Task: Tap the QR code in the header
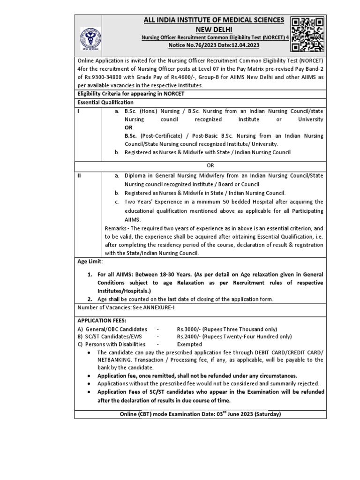307,34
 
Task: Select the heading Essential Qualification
105,102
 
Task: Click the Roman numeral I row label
79,111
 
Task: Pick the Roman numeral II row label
80,175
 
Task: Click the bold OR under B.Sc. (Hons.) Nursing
128,127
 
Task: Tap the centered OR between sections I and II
210,165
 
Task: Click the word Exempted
190,344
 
